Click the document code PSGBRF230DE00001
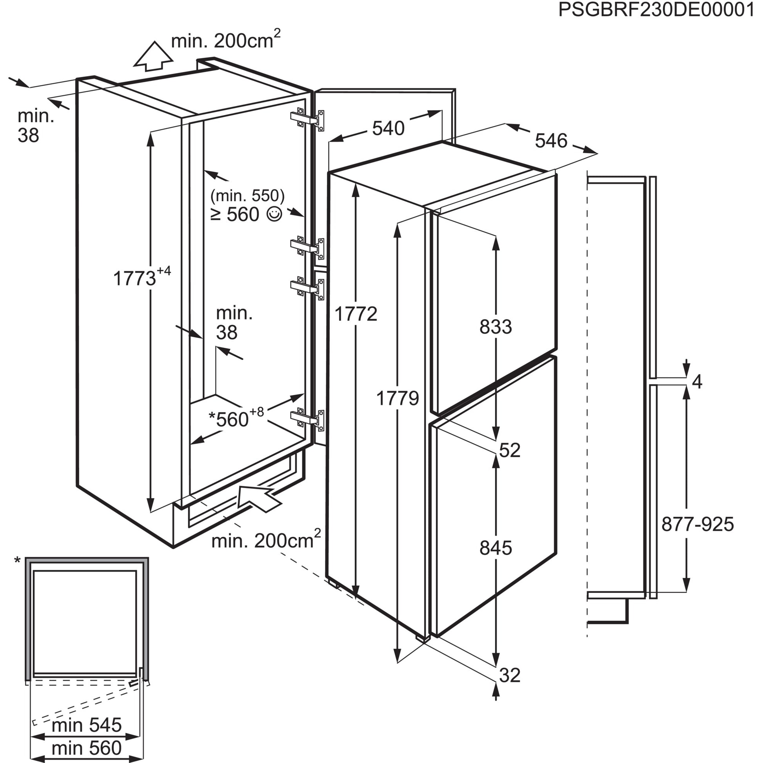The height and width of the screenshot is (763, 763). pos(656,9)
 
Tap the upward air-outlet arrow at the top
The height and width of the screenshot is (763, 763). pos(153,56)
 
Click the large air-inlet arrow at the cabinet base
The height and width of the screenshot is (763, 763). pos(258,498)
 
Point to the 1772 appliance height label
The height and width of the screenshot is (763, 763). pos(356,314)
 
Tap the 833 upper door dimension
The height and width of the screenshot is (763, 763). pos(496,327)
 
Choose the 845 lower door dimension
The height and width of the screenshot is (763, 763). pos(496,548)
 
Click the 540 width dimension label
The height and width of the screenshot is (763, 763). pos(388,128)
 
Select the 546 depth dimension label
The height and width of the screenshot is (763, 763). pos(551,141)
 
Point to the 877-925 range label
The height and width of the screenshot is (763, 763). pos(698,525)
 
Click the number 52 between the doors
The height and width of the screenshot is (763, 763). pos(509,450)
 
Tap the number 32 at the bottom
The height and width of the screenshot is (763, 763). pos(509,675)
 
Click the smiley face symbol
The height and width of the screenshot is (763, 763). pos(275,214)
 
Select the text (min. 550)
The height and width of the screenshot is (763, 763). pos(248,195)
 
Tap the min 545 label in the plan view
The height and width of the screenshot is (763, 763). pos(87,725)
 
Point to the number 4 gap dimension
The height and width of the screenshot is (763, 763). pos(698,382)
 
